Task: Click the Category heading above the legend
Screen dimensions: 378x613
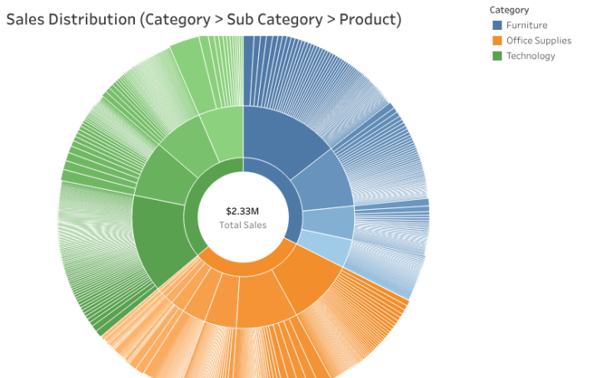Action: (509, 10)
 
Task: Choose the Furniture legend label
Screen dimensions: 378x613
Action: (526, 25)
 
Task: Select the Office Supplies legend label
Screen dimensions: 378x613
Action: (538, 40)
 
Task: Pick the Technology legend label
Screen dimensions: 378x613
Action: (531, 56)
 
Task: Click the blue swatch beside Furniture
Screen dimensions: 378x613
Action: (496, 25)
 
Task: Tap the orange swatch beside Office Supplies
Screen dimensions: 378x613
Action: (496, 40)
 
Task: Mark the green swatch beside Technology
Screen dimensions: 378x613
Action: (496, 56)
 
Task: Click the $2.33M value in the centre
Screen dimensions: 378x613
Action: (242, 211)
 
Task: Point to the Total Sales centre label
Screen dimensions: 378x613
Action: (242, 225)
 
